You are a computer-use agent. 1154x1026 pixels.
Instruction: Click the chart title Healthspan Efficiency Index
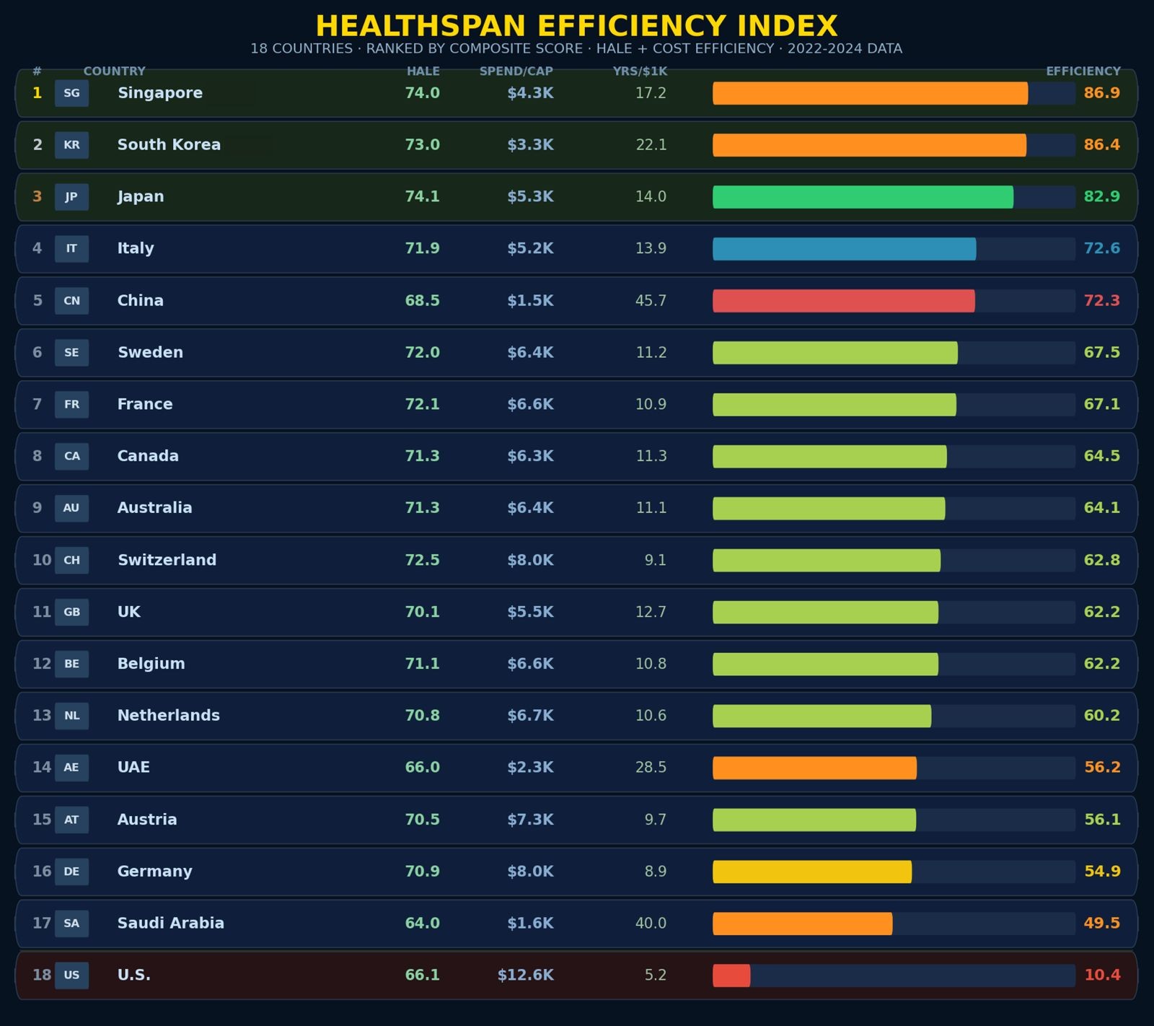coord(576,27)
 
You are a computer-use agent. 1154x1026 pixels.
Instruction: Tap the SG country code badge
coord(71,93)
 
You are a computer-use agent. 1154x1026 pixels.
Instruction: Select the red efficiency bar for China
coord(844,301)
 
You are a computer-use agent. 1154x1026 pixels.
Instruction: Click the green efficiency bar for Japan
coord(863,197)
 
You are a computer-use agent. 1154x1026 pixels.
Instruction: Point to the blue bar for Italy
coord(845,249)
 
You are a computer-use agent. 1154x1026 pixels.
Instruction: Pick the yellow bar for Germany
coord(812,872)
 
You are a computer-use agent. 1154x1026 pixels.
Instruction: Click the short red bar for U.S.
coord(731,975)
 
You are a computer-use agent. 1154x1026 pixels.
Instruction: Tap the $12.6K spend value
coord(526,975)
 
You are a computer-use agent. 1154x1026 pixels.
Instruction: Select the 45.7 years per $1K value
coord(651,301)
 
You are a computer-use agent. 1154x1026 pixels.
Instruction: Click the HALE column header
coord(423,71)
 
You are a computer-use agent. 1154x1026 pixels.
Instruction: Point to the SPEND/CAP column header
coord(516,71)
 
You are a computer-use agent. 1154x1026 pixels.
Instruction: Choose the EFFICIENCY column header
coord(1083,71)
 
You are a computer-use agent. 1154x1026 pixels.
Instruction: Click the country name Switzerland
coord(167,560)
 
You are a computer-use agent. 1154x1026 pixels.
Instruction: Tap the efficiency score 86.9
coord(1102,93)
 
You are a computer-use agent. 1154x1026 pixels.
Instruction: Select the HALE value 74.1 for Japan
coord(423,197)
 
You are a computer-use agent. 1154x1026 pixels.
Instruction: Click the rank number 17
coord(41,924)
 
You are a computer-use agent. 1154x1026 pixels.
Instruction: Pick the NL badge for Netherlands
coord(71,716)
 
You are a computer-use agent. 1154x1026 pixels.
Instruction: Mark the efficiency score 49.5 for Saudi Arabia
coord(1102,924)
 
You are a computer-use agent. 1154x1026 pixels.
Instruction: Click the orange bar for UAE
coord(814,768)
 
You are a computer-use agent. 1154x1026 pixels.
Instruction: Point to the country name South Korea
coord(169,145)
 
